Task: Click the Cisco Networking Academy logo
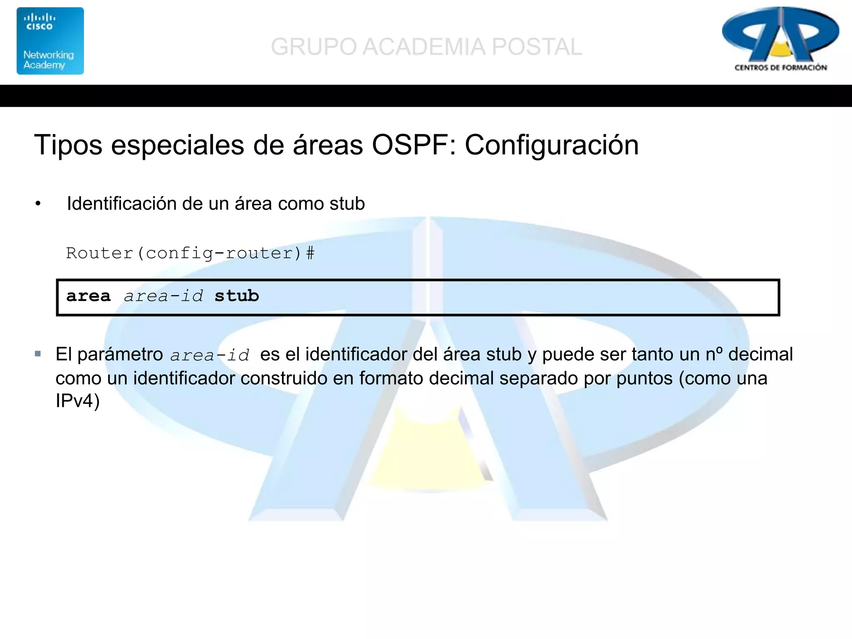pos(50,41)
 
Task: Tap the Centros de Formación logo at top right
pos(780,40)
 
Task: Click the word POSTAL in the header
pos(537,47)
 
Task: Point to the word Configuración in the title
pos(551,145)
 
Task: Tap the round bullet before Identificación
pos(38,204)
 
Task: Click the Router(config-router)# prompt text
pos(190,253)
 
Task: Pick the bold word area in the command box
pos(88,296)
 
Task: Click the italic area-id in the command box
pos(163,296)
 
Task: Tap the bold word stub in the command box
pos(237,296)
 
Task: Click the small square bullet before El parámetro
pos(38,354)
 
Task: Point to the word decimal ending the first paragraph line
pos(760,354)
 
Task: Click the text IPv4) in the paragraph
pos(78,401)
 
